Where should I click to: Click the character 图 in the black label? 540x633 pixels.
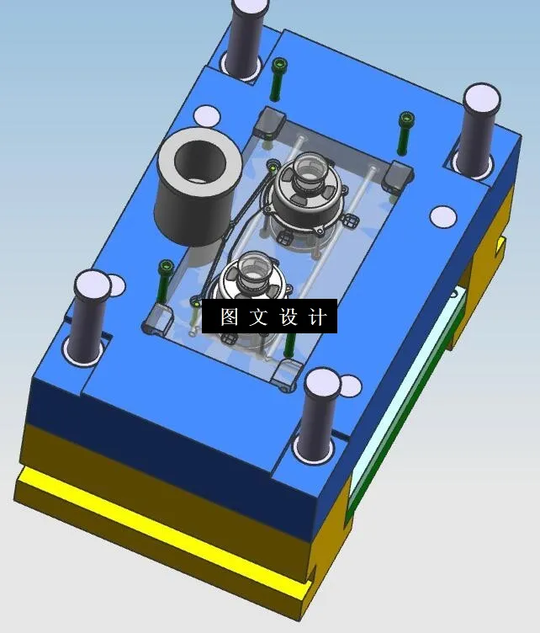coord(230,316)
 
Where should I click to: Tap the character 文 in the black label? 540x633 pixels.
coord(258,316)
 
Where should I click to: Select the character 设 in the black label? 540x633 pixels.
coord(289,316)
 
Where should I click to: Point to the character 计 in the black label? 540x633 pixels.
coord(317,316)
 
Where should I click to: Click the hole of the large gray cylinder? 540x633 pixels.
coord(200,161)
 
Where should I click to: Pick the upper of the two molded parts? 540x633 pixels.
coord(305,194)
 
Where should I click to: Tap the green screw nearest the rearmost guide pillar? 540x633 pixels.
coord(278,79)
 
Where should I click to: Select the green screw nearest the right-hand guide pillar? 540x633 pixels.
coord(405,133)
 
